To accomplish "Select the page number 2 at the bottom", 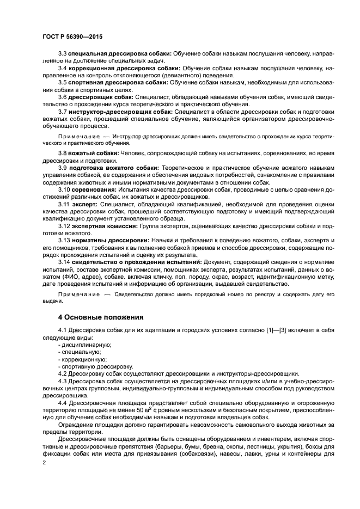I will click(44, 462).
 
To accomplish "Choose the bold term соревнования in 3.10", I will click(94, 189).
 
